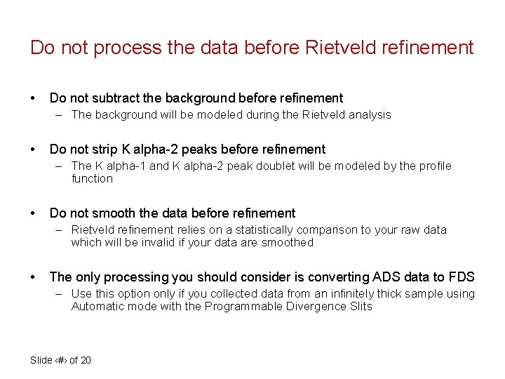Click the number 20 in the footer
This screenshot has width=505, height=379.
click(x=85, y=360)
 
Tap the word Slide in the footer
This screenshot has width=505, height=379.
click(x=41, y=360)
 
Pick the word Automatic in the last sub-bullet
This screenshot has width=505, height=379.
click(x=96, y=307)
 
